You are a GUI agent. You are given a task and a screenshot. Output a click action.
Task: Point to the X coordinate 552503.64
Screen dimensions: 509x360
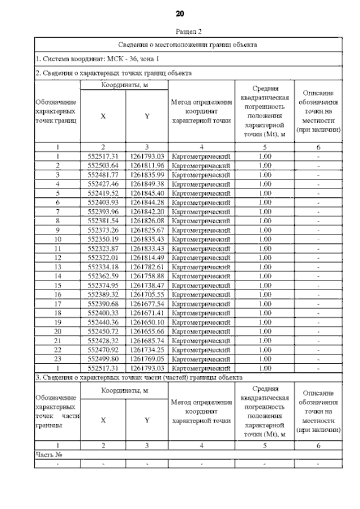pos(103,165)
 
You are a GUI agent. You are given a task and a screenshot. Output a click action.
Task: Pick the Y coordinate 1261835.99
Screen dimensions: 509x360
pos(146,174)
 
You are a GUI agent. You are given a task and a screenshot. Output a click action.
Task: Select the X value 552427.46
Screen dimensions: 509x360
pos(103,184)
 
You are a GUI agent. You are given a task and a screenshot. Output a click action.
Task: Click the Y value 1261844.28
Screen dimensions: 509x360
pos(146,202)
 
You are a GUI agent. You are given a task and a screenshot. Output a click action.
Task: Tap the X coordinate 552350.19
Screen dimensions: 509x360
pos(103,239)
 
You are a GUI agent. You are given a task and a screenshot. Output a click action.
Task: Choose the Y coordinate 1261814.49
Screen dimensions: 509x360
pos(146,258)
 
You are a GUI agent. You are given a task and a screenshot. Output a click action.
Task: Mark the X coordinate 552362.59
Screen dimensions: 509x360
pos(103,276)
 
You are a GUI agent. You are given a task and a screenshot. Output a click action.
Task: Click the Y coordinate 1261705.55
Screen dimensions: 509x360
pos(146,294)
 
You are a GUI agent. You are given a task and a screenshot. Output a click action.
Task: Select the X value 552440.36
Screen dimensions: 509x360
pos(103,322)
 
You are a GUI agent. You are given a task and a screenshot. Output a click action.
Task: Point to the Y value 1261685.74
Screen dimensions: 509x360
pos(146,340)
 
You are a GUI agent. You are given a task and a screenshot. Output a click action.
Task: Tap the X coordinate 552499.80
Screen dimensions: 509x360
pos(103,359)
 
